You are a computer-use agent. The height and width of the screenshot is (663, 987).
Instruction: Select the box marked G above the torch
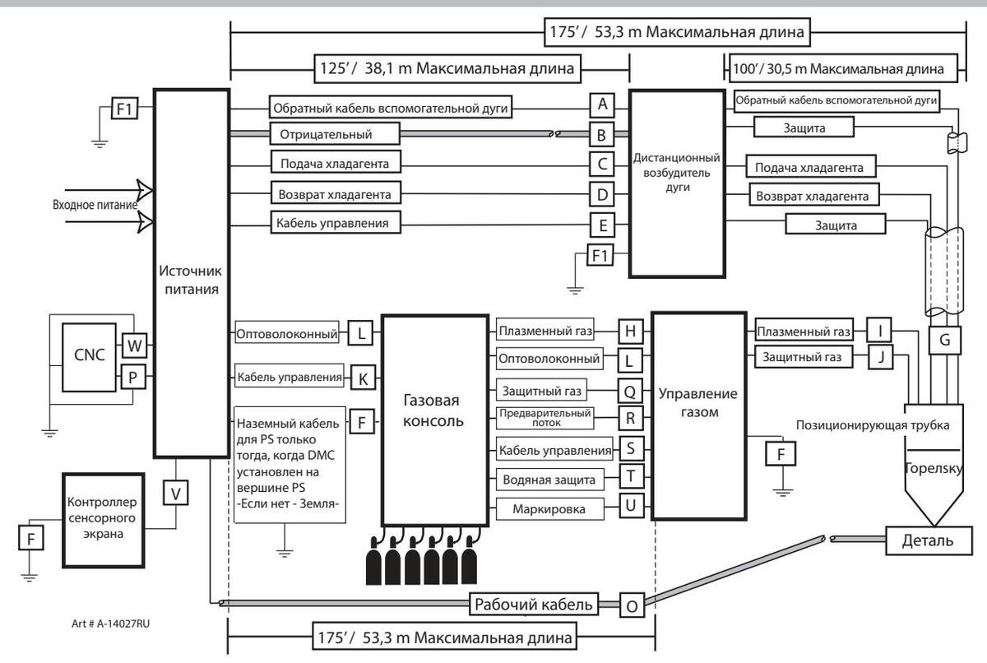point(945,339)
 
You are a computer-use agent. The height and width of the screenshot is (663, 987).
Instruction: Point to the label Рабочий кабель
point(533,605)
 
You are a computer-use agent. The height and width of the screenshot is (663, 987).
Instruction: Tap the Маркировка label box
point(550,509)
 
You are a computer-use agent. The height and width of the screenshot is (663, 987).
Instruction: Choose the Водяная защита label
point(550,479)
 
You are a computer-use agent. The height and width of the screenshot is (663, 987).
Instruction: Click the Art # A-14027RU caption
point(109,624)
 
